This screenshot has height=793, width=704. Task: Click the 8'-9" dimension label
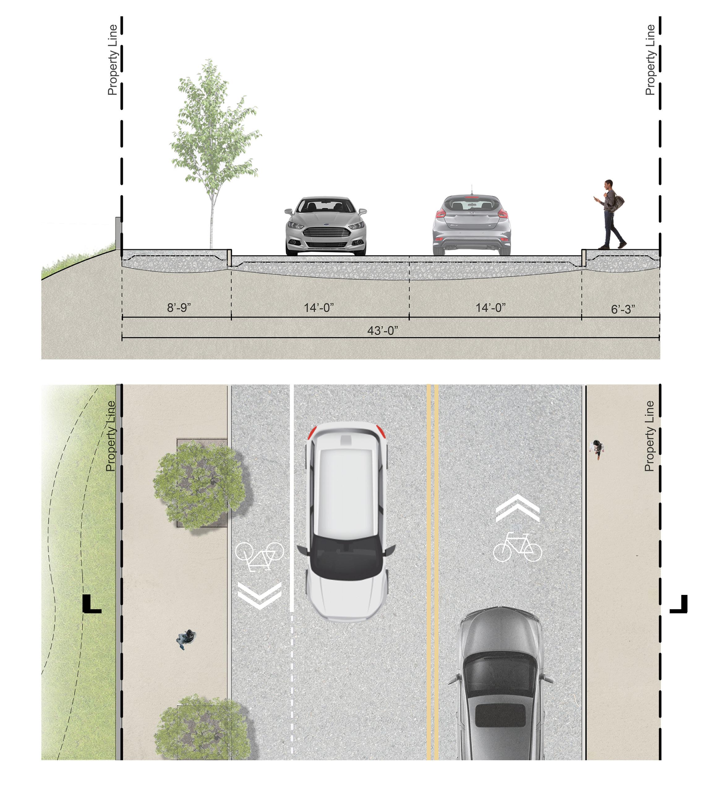point(179,308)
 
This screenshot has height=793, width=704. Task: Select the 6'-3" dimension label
point(623,309)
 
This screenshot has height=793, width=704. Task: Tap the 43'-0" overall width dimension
point(383,331)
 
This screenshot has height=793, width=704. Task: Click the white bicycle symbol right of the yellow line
point(517,547)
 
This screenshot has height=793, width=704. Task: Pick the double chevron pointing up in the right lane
point(518,509)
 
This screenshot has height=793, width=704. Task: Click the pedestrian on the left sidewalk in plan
point(187,639)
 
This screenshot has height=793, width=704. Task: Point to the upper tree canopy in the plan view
point(199,485)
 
